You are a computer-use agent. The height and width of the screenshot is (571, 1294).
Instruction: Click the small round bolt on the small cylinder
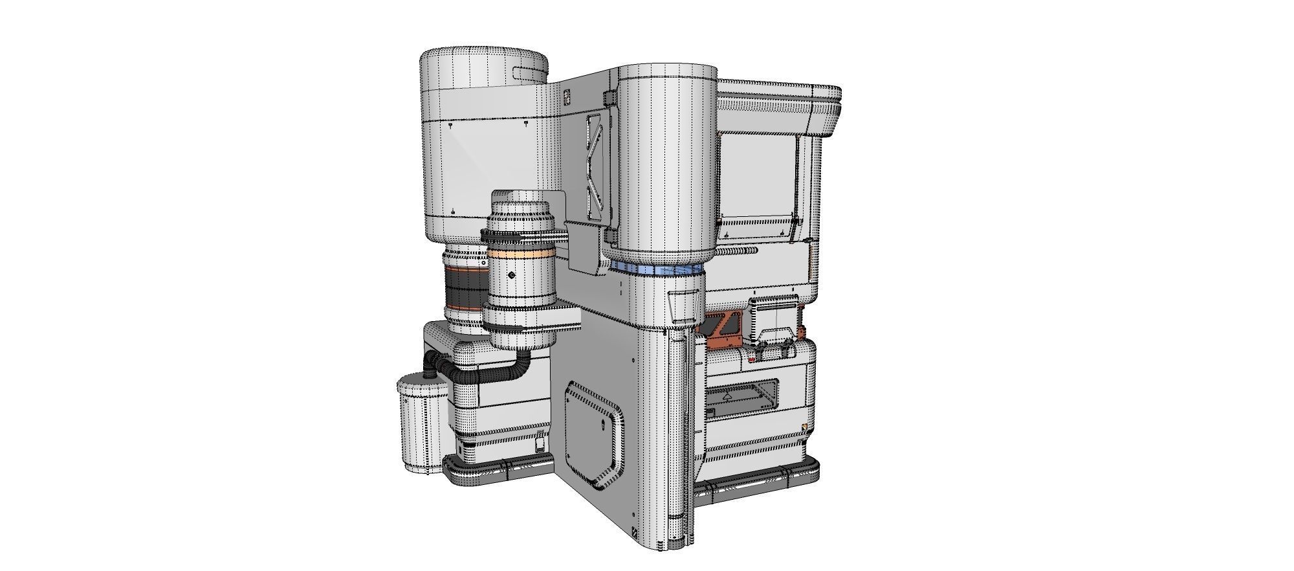click(x=512, y=276)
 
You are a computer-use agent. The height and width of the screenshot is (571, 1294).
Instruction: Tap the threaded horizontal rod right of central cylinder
click(x=738, y=252)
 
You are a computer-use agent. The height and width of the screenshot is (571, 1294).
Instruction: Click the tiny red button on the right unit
click(x=751, y=356)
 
